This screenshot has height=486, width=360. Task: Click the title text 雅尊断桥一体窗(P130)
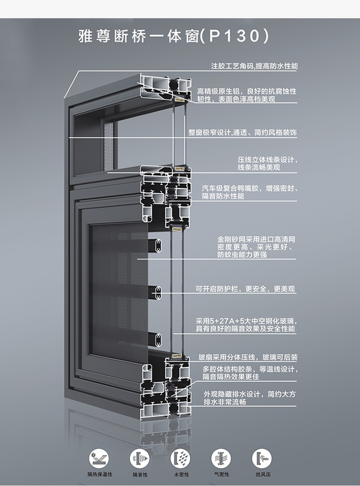pyautogui.click(x=174, y=36)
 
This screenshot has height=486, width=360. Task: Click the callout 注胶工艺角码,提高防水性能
pyautogui.click(x=254, y=66)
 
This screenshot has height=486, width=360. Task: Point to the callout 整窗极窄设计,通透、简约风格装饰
pyautogui.click(x=243, y=132)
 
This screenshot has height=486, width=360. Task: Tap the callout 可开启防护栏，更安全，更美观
pyautogui.click(x=245, y=289)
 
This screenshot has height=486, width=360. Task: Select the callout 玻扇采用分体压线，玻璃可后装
pyautogui.click(x=248, y=357)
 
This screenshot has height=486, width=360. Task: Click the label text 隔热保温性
pyautogui.click(x=100, y=474)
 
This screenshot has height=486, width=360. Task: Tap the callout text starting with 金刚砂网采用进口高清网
pyautogui.click(x=256, y=247)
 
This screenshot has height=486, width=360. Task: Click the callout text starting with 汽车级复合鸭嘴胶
pyautogui.click(x=250, y=192)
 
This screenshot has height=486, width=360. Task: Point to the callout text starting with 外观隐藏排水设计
pyautogui.click(x=250, y=398)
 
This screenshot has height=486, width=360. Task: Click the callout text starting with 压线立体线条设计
pyautogui.click(x=267, y=163)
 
